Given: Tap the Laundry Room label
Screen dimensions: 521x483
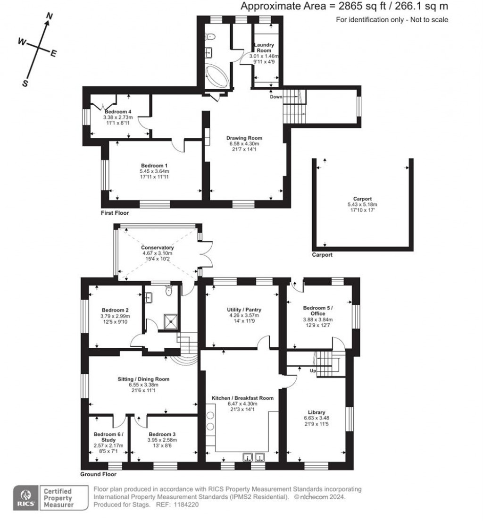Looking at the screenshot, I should pos(264,48).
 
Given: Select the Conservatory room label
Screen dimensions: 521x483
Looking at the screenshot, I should pos(158,247).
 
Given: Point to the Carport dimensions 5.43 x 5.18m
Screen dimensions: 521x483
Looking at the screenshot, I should pos(362,205).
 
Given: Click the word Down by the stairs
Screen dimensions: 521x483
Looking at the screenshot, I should pos(276,97).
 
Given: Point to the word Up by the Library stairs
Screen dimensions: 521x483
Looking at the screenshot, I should pos(313,371).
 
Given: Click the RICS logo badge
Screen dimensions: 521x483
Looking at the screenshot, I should pos(25,497).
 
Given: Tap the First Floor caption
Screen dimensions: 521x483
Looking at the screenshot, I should pos(115,213).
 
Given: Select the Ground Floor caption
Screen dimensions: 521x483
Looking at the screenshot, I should pos(98,474).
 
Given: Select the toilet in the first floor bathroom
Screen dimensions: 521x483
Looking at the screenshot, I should pos(211,37).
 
